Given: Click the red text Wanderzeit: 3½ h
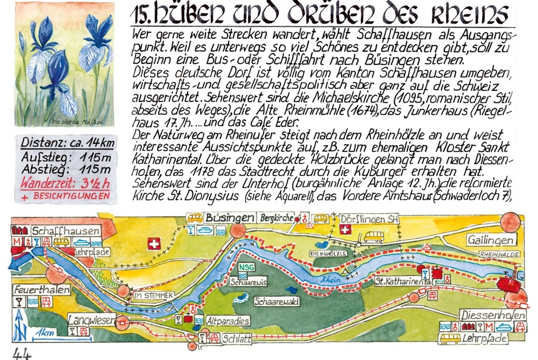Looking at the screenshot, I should [x=62, y=184].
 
